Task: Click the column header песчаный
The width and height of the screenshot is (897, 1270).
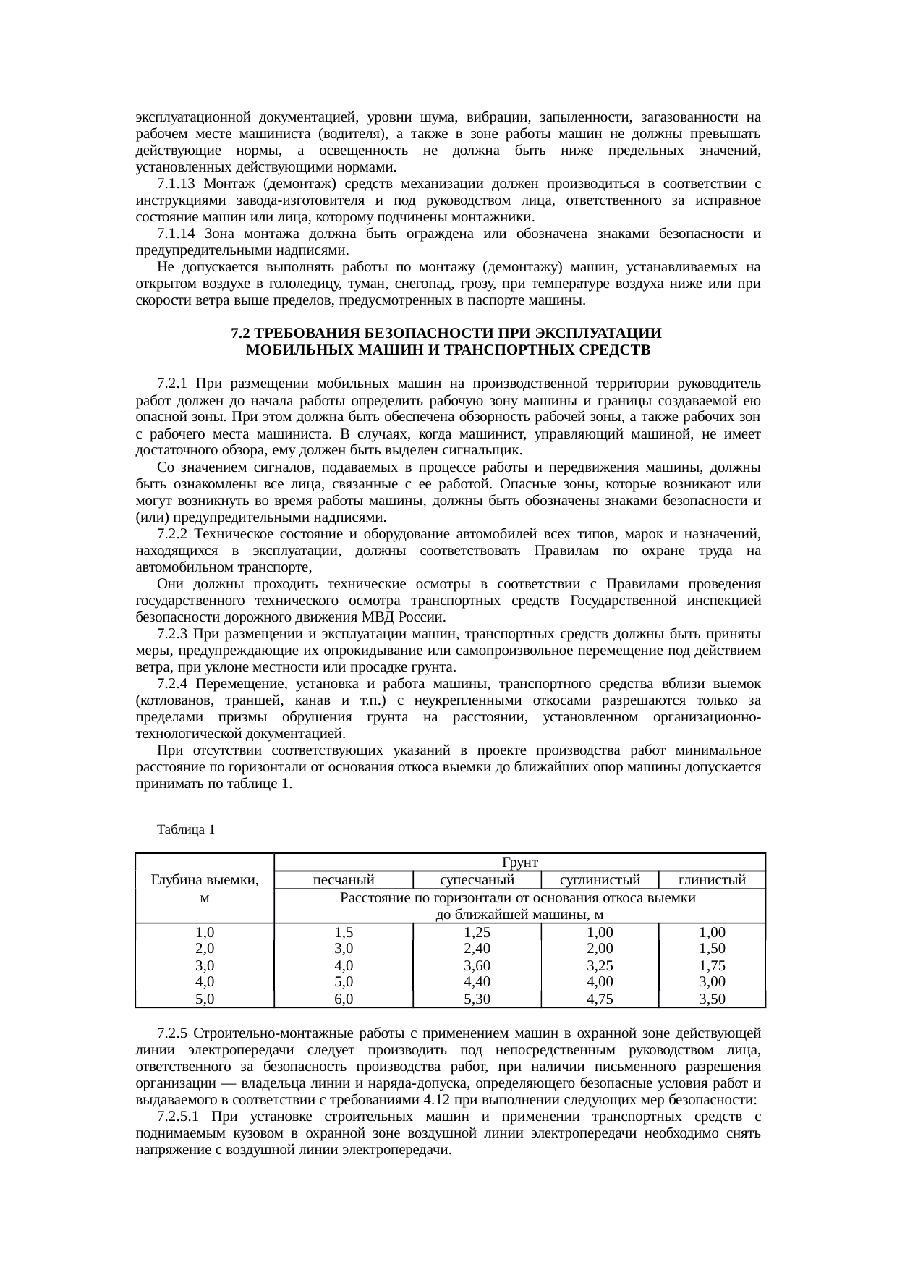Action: point(343,880)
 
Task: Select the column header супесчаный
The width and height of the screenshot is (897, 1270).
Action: point(477,880)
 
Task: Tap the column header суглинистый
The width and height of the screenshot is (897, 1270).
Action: point(600,880)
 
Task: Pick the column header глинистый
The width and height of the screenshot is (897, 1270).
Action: point(712,880)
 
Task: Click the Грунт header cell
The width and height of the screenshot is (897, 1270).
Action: point(519,863)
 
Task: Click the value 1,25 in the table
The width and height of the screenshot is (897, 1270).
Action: point(477,933)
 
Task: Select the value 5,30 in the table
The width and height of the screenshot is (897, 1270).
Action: point(477,999)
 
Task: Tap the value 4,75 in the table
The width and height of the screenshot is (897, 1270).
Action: point(600,999)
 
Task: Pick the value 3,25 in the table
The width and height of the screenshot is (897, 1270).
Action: point(600,966)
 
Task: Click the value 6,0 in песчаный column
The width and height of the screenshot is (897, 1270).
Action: point(343,999)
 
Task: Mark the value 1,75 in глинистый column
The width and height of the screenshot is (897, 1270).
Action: point(712,966)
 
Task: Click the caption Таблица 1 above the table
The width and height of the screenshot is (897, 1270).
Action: point(186,829)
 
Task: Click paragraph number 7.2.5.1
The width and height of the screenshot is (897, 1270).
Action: point(178,1117)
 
